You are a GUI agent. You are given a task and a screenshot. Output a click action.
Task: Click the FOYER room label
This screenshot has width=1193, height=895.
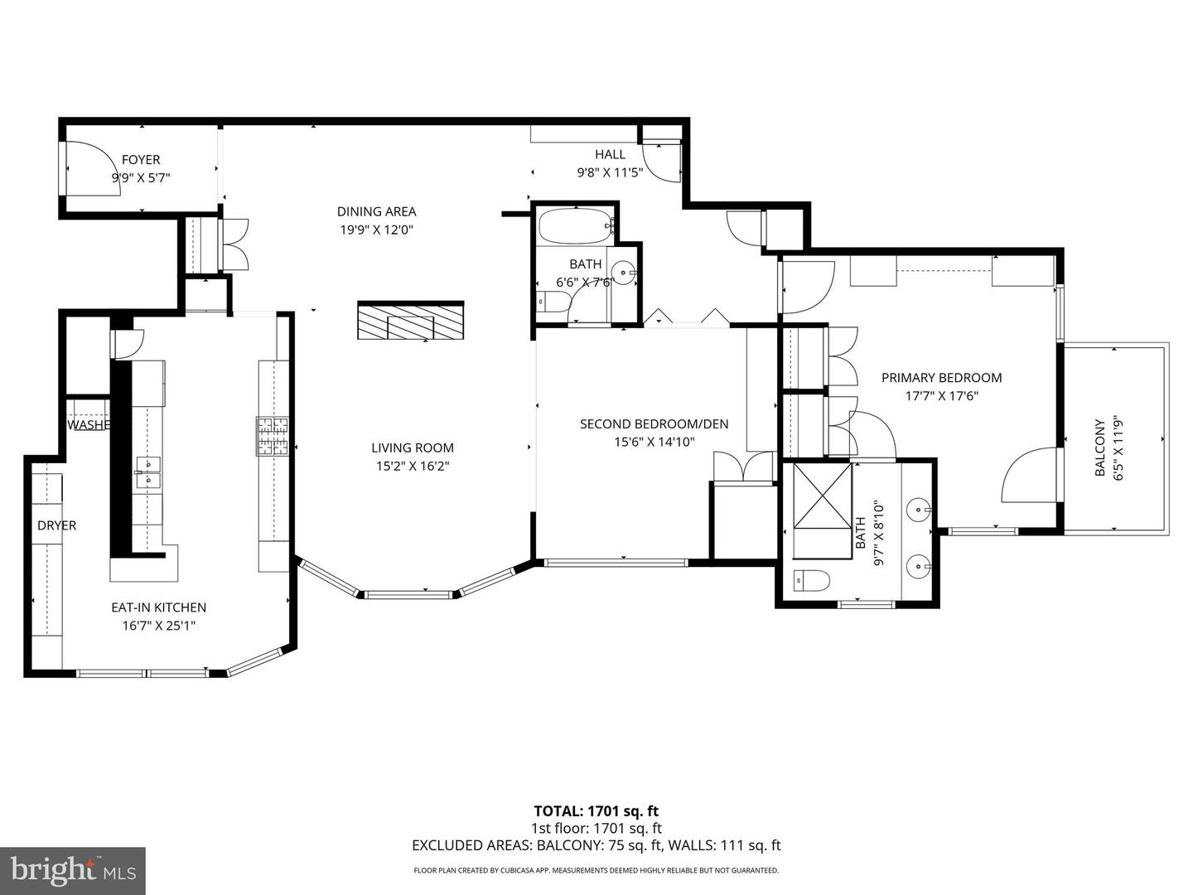(141, 159)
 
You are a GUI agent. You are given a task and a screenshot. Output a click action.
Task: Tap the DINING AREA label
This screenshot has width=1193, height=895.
(376, 211)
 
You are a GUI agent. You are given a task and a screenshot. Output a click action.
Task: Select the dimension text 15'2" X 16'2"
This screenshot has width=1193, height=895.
(413, 466)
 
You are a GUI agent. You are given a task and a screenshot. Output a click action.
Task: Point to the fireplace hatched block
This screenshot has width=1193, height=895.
(411, 321)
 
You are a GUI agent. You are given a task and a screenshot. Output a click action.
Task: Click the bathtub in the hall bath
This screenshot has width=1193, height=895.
(574, 225)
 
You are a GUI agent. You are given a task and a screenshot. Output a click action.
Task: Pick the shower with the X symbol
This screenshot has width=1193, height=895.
(823, 495)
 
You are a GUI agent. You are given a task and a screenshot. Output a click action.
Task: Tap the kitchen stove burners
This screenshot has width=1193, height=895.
(273, 437)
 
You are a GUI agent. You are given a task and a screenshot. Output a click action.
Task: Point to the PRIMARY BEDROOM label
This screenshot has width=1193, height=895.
(941, 378)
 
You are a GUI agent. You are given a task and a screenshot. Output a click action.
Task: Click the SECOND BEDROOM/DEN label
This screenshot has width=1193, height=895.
(654, 424)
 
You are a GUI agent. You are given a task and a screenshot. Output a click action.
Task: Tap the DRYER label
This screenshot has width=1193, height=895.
(56, 525)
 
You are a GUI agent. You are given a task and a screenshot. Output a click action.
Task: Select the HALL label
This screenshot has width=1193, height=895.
(610, 154)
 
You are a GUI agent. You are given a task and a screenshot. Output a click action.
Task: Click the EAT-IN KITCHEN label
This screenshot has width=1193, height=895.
(158, 607)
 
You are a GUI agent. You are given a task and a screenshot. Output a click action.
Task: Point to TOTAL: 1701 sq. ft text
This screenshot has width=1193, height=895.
(596, 811)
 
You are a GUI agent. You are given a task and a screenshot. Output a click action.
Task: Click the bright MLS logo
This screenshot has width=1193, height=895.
(73, 870)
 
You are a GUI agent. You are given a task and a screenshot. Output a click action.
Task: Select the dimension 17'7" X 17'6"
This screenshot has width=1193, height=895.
(941, 396)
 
